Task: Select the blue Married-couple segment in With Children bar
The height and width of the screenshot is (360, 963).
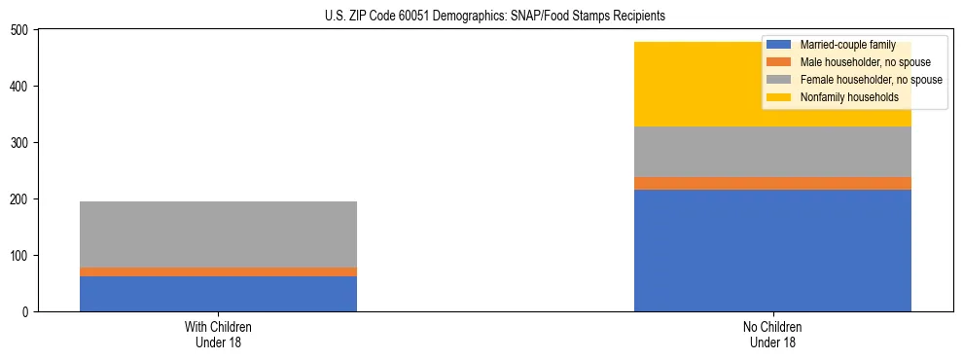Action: (x=218, y=294)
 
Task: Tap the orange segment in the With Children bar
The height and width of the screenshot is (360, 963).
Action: (x=218, y=271)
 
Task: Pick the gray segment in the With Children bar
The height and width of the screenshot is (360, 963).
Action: (x=218, y=234)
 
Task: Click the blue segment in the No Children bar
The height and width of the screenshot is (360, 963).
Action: (x=772, y=250)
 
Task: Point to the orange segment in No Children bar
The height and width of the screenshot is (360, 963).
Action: (x=772, y=183)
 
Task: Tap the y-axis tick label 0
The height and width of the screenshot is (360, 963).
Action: (x=28, y=312)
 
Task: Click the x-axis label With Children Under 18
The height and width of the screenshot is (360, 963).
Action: (x=218, y=335)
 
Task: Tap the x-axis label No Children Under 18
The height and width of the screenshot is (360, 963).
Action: (x=772, y=335)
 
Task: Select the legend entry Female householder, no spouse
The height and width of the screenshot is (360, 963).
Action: (x=871, y=80)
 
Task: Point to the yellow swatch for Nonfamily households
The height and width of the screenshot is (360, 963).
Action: (x=779, y=97)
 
